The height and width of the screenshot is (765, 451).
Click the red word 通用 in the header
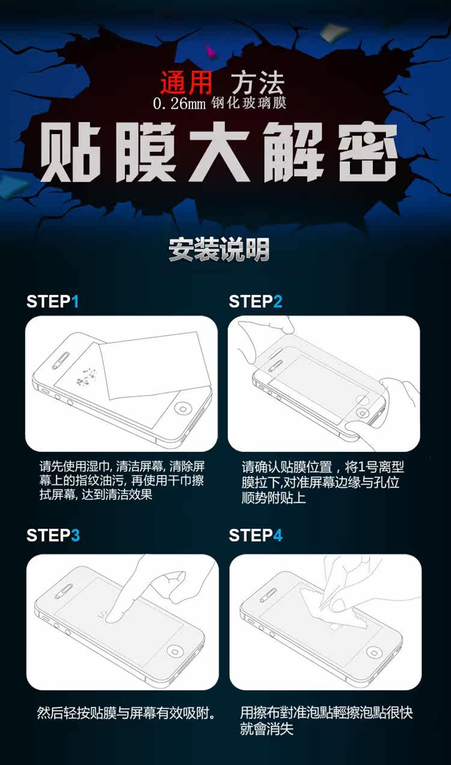pyautogui.click(x=186, y=83)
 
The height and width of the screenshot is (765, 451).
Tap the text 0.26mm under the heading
pyautogui.click(x=179, y=103)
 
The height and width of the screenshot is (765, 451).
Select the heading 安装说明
pyautogui.click(x=219, y=249)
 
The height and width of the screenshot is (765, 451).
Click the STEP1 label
pyautogui.click(x=53, y=301)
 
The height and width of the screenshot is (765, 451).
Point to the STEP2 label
pyautogui.click(x=256, y=301)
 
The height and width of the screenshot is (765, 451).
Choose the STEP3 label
pyautogui.click(x=54, y=535)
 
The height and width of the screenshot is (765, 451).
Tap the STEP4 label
pyautogui.click(x=256, y=535)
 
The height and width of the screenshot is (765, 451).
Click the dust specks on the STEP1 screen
pyautogui.click(x=86, y=376)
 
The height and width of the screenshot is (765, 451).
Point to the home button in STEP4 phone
pyautogui.click(x=375, y=651)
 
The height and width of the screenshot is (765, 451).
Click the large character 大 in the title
pyautogui.click(x=219, y=152)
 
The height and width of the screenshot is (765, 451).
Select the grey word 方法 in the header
pyautogui.click(x=258, y=83)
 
